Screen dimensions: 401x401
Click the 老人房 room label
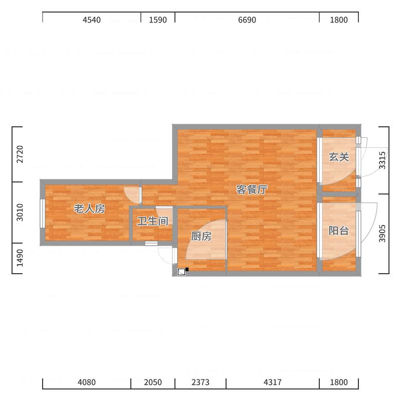(89, 209)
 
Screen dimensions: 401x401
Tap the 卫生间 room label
(153, 221)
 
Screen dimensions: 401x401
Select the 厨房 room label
(202, 236)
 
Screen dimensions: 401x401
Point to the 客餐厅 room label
(252, 189)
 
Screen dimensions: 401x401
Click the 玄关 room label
(339, 157)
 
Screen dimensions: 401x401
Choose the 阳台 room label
(339, 231)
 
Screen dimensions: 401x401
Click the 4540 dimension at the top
(92, 20)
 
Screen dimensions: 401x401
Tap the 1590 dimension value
(158, 20)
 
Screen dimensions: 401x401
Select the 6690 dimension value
(247, 20)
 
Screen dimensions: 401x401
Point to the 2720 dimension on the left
(20, 154)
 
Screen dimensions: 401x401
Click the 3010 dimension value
(20, 212)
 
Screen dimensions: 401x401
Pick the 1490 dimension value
(20, 258)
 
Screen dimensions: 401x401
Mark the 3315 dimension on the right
(382, 160)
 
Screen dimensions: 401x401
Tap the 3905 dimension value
(382, 233)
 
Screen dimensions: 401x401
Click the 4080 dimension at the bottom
(87, 382)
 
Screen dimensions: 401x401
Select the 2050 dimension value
(153, 382)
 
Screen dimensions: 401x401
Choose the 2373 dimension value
(200, 382)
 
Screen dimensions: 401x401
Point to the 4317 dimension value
(273, 382)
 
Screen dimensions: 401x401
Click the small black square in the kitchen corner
(187, 269)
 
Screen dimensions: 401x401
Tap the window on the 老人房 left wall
(43, 214)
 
